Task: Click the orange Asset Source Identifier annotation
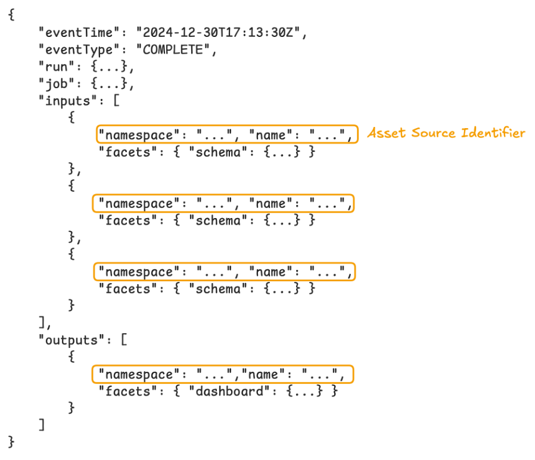tap(446, 133)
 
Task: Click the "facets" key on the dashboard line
tap(125, 391)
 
